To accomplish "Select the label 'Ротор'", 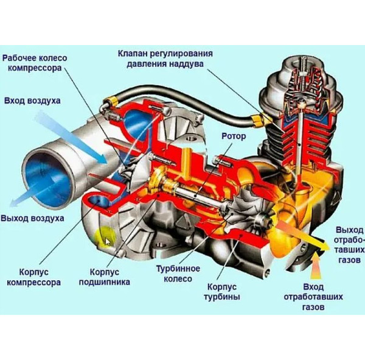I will (234, 136).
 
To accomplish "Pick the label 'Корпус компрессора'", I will (33, 277).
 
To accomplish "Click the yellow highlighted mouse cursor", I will (108, 238).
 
